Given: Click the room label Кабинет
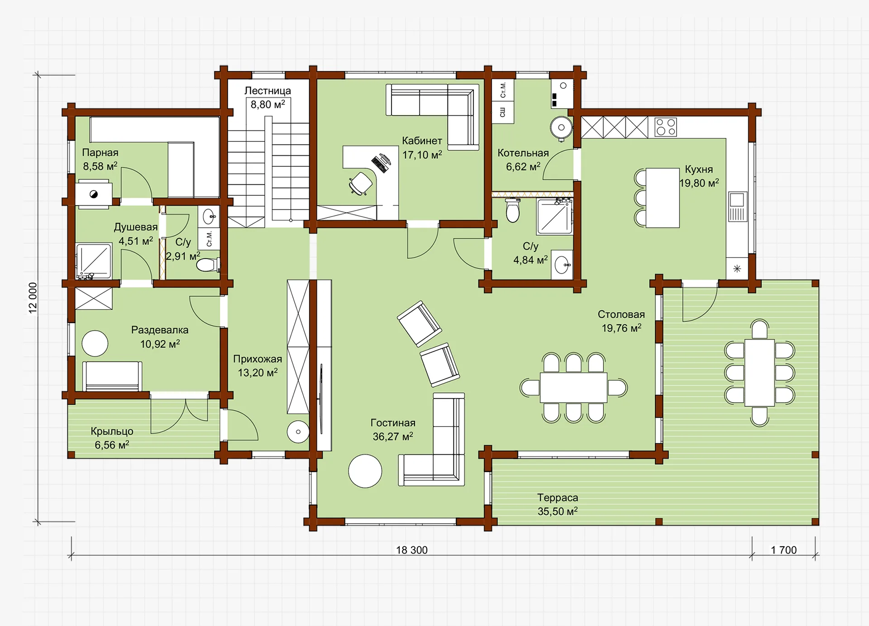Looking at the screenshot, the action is [422, 141].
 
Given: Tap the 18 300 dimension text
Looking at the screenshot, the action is [412, 550].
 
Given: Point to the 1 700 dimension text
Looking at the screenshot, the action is [784, 550].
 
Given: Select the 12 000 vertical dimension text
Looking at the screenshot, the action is [33, 298].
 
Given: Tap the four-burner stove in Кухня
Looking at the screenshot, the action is [665, 127].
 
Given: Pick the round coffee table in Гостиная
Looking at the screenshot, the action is [365, 471].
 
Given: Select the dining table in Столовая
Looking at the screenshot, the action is [573, 387].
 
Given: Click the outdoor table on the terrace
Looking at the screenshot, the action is [759, 373].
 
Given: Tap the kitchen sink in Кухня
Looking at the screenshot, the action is [737, 207].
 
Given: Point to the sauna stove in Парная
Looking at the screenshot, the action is [94, 194].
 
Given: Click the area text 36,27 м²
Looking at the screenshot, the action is [393, 437].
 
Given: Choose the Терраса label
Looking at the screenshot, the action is [558, 497].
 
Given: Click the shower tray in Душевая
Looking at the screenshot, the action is [94, 261].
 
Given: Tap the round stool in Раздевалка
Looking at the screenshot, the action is [95, 343].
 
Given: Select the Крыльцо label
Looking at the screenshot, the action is [112, 431].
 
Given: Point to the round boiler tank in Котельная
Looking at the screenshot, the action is [561, 127].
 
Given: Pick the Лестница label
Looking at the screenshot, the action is [267, 91].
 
